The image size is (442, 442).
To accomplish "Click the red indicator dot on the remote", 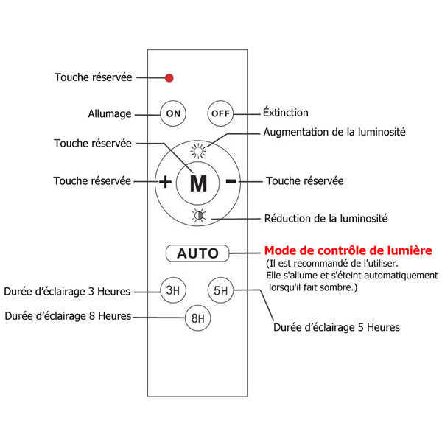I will [x=169, y=77].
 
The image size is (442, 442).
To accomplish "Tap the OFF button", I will [x=220, y=113].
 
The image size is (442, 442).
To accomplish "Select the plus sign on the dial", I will [x=166, y=182].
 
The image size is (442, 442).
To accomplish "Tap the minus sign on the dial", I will [x=231, y=181].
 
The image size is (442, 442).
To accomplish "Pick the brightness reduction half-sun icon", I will [x=197, y=216].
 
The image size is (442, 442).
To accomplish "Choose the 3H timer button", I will [x=173, y=290].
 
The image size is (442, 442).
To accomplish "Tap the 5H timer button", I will [x=220, y=290].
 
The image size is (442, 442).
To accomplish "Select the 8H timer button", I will [x=196, y=318].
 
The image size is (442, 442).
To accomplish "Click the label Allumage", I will [x=110, y=114].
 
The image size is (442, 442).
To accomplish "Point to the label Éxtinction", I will [x=286, y=113].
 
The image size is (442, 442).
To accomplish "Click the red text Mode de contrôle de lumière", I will [x=348, y=250].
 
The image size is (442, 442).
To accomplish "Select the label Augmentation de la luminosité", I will [x=334, y=132].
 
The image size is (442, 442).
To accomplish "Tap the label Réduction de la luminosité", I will [x=326, y=218].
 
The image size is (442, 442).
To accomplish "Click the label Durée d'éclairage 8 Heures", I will [x=68, y=316].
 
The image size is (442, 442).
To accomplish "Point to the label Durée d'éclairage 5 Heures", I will [x=336, y=327].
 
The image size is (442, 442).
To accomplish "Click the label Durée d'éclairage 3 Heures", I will [x=67, y=292].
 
